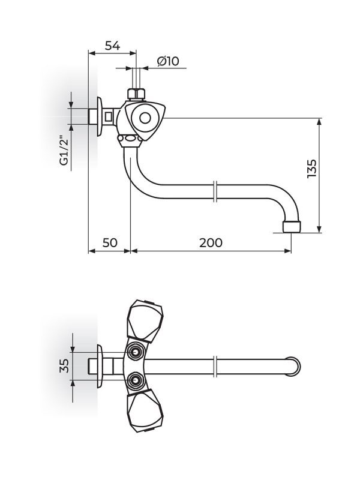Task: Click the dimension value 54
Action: pyautogui.click(x=112, y=46)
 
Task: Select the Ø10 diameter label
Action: pyautogui.click(x=168, y=61)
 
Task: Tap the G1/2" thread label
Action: pyautogui.click(x=64, y=153)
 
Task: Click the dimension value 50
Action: pyautogui.click(x=109, y=242)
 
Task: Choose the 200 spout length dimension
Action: pyautogui.click(x=211, y=242)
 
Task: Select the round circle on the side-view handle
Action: pyautogui.click(x=145, y=118)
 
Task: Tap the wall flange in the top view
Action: pyautogui.click(x=100, y=366)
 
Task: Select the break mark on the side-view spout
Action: pyautogui.click(x=215, y=193)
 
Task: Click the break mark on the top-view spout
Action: pyautogui.click(x=215, y=366)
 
